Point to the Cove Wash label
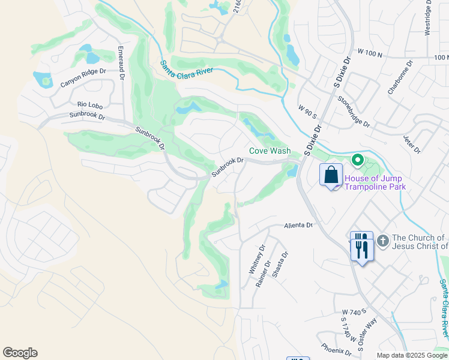pyautogui.click(x=270, y=151)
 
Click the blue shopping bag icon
pyautogui.click(x=331, y=175)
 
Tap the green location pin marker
pyautogui.click(x=357, y=160)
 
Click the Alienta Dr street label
pyautogui.click(x=298, y=225)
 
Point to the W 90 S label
pyautogui.click(x=307, y=112)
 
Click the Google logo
pyautogui.click(x=20, y=353)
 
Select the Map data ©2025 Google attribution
pyautogui.click(x=411, y=355)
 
